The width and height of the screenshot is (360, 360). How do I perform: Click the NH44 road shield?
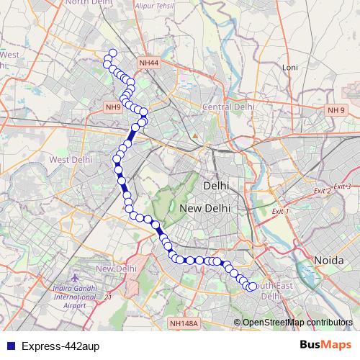[149, 63]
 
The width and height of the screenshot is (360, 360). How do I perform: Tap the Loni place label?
[290, 67]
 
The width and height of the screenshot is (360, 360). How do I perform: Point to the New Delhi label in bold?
[205, 208]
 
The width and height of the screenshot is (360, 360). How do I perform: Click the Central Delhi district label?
[229, 107]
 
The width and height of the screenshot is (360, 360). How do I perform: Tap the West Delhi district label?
[70, 160]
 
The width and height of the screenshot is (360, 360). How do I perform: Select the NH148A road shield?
[184, 324]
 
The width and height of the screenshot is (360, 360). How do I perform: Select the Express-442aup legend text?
[60, 346]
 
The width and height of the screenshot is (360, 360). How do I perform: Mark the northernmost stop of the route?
[112, 53]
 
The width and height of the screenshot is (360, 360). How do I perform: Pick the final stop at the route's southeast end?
[251, 287]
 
